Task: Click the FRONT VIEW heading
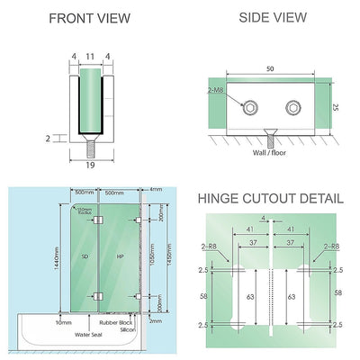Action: tap(89, 18)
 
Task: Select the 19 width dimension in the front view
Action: tap(89, 166)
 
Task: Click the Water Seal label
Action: tap(90, 335)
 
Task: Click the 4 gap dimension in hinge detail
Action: tap(270, 218)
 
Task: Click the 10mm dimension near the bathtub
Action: tap(64, 321)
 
